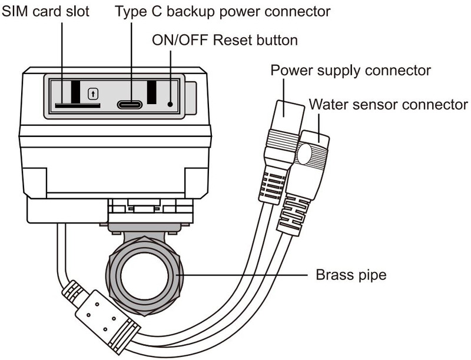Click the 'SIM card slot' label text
tap(46, 11)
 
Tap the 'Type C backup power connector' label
tap(223, 11)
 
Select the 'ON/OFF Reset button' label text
tap(225, 40)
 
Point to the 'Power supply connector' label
tap(350, 71)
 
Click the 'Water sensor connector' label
tap(389, 104)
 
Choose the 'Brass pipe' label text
tap(351, 275)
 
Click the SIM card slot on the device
tap(78, 106)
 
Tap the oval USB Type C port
tap(130, 104)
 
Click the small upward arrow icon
tap(93, 94)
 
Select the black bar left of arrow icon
tap(76, 92)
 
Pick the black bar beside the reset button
tap(152, 92)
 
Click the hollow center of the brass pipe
tap(144, 275)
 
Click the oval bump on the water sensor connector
tap(304, 154)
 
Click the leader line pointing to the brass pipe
tap(242, 275)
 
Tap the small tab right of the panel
tap(191, 98)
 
